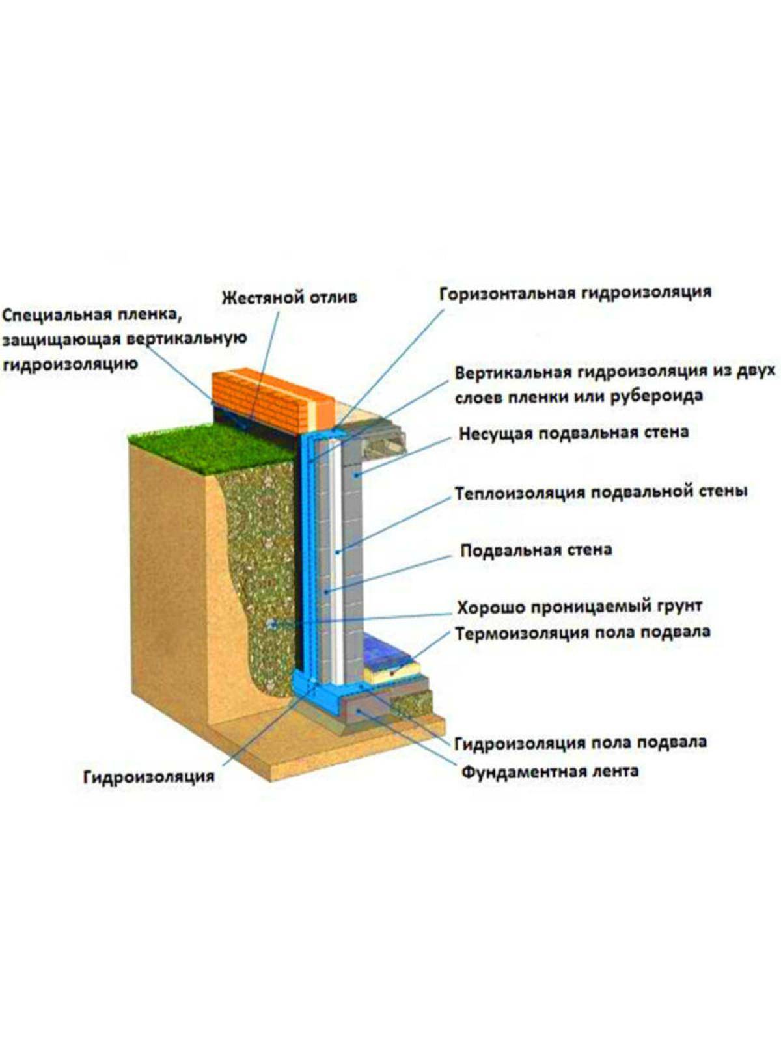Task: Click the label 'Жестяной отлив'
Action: click(289, 298)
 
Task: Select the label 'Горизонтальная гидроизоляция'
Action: click(575, 292)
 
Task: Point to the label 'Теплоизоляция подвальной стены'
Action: click(600, 492)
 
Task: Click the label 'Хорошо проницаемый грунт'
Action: click(579, 607)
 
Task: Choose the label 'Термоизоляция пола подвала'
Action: click(582, 632)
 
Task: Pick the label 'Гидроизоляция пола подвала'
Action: click(580, 742)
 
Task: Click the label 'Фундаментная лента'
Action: click(550, 772)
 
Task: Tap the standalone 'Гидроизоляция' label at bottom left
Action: click(149, 776)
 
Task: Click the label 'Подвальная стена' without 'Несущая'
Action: click(536, 550)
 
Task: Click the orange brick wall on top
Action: click(273, 397)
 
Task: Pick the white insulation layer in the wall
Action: click(336, 553)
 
